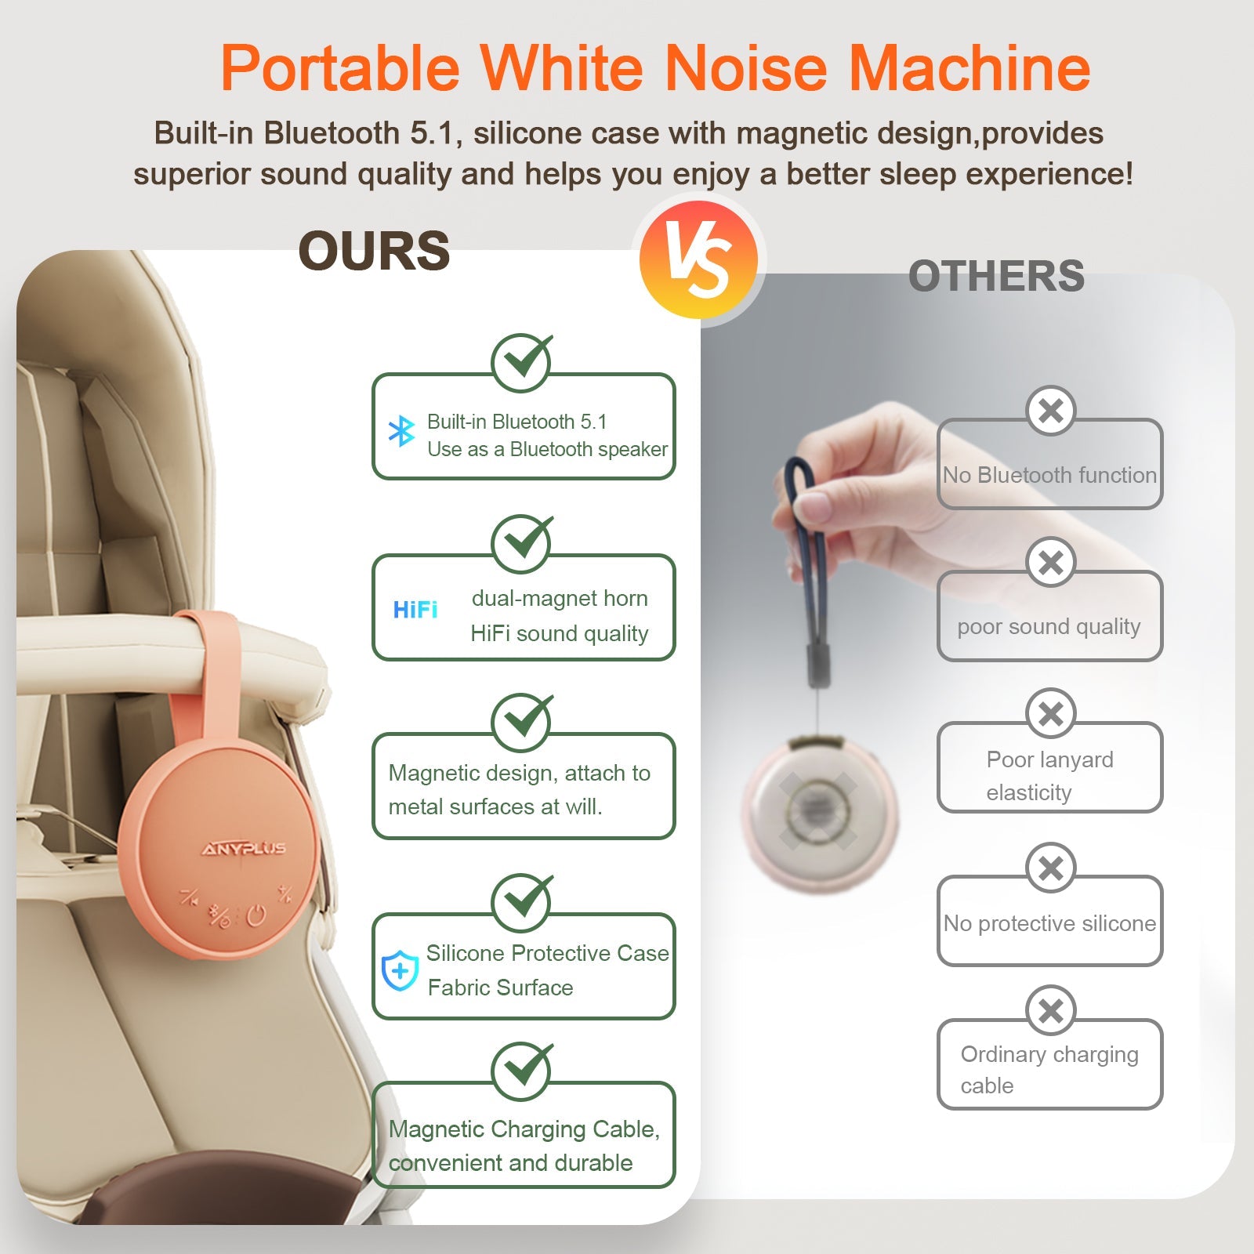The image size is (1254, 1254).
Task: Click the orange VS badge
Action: pyautogui.click(x=698, y=260)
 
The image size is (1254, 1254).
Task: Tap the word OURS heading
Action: pyautogui.click(x=374, y=252)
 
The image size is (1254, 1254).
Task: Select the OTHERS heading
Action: pyautogui.click(x=996, y=277)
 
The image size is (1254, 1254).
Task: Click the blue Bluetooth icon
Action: pyautogui.click(x=402, y=431)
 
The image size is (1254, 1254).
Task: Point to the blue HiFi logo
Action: pyautogui.click(x=415, y=610)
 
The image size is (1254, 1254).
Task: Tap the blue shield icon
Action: pyautogui.click(x=400, y=971)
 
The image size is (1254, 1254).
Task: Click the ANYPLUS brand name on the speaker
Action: pyautogui.click(x=244, y=849)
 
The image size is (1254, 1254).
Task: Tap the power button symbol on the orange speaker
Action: pyautogui.click(x=256, y=915)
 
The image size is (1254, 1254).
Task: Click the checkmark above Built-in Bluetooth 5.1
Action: pyautogui.click(x=522, y=361)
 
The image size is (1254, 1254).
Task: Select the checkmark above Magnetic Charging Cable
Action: pyautogui.click(x=522, y=1070)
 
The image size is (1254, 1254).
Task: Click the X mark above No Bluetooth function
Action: pyautogui.click(x=1050, y=410)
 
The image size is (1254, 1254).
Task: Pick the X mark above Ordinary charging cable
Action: pyautogui.click(x=1050, y=1010)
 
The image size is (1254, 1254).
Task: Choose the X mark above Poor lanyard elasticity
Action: pyautogui.click(x=1050, y=713)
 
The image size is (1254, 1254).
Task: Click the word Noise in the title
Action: pyautogui.click(x=745, y=68)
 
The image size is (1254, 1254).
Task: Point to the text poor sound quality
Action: pyautogui.click(x=1049, y=627)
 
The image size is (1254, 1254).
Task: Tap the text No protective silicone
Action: pyautogui.click(x=1049, y=923)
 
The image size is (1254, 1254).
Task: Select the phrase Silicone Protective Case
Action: pyautogui.click(x=547, y=953)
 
